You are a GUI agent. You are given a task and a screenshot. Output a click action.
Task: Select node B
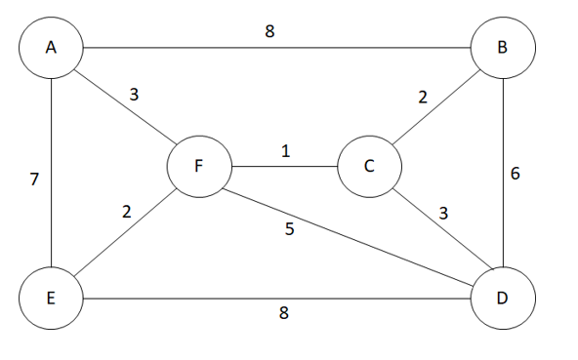[x=502, y=47]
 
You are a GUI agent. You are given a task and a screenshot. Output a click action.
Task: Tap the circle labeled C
[x=369, y=166]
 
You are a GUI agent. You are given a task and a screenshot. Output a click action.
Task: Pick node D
[x=502, y=297]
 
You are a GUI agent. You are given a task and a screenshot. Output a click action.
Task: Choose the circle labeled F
[x=198, y=166]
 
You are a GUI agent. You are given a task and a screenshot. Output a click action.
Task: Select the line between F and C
[x=283, y=166]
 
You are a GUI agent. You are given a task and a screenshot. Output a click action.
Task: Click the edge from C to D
[x=435, y=231]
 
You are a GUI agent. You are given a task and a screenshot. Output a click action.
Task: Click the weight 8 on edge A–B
[x=269, y=31]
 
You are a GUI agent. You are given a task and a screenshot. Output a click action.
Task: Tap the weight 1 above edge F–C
[x=285, y=151]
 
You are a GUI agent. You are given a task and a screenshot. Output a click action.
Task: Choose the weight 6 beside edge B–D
[x=516, y=175]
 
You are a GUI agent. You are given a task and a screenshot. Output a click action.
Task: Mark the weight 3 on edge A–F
[x=136, y=95]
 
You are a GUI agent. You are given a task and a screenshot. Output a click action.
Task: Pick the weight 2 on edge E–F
[x=127, y=212]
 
